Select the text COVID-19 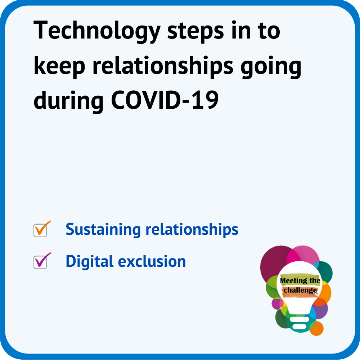(165, 100)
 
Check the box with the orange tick (40, 230)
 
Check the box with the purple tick (40, 262)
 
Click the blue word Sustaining (103, 230)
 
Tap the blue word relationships (192, 230)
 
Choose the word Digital (90, 261)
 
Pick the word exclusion (152, 261)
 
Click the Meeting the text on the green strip (300, 280)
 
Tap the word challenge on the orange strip (300, 291)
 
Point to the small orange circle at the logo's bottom (316, 329)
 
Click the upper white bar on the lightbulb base (300, 319)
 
